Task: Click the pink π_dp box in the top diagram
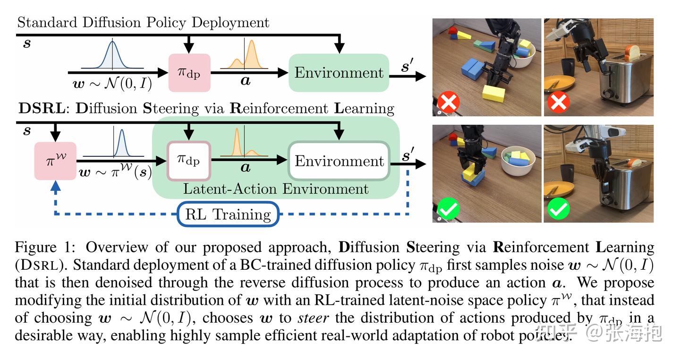[x=189, y=73]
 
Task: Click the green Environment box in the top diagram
[x=339, y=73]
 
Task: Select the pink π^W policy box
[x=55, y=161]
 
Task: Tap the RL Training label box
[x=228, y=214]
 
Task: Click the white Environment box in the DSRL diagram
[x=339, y=161]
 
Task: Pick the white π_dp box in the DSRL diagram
[x=189, y=161]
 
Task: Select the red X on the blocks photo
[x=448, y=103]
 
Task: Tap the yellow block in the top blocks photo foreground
[x=493, y=94]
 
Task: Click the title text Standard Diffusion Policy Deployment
[x=143, y=22]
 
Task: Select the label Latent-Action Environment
[x=275, y=189]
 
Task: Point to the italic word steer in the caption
[x=313, y=317]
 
